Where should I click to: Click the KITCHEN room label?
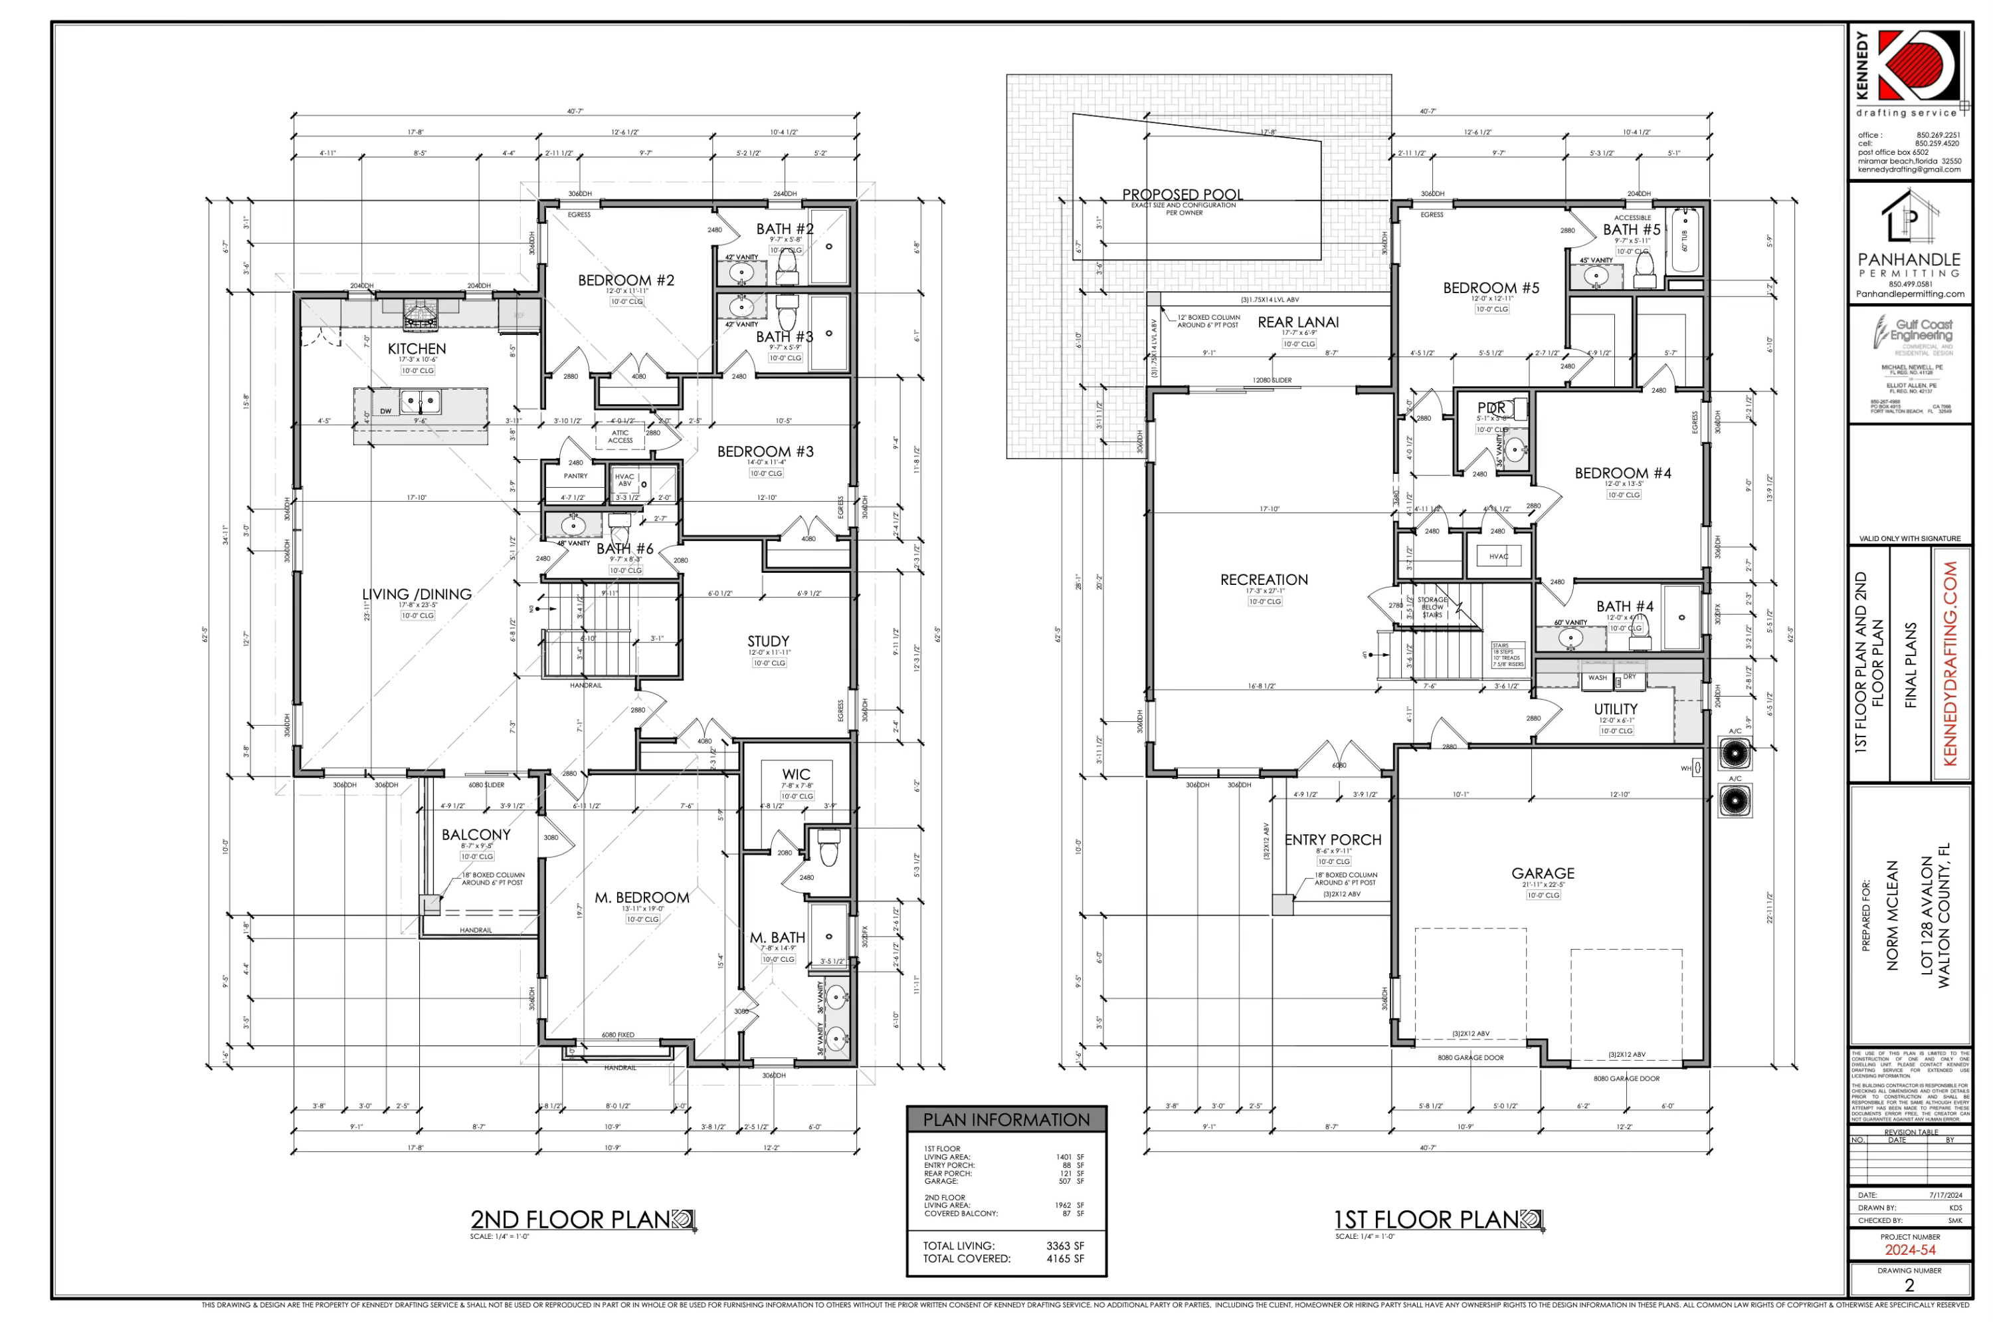tap(417, 348)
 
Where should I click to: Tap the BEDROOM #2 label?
tap(625, 280)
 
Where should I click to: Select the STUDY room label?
tap(768, 641)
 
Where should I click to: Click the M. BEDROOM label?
tap(641, 897)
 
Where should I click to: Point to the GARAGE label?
tap(1542, 873)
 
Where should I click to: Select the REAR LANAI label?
tap(1297, 322)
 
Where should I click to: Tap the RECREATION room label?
tap(1263, 579)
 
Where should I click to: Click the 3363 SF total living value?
tap(1064, 1246)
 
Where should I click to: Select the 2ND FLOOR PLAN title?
tap(571, 1219)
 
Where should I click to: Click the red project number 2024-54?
tap(1909, 1250)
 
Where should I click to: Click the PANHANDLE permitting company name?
tap(1909, 260)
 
